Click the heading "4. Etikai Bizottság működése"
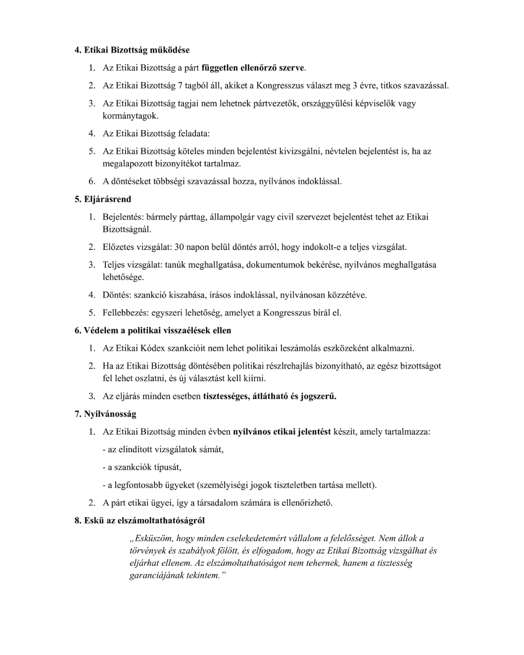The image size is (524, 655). (x=131, y=50)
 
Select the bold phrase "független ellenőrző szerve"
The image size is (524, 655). (x=253, y=68)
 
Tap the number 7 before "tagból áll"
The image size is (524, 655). (x=180, y=86)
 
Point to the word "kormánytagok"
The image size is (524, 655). (x=130, y=116)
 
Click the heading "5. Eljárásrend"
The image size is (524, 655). (x=102, y=199)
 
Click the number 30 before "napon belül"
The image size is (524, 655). (x=179, y=247)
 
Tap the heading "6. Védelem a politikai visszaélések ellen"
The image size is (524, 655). (x=153, y=330)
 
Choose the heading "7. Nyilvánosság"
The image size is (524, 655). (x=105, y=414)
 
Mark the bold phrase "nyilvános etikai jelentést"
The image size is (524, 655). (x=282, y=432)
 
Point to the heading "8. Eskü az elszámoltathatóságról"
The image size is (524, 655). (x=139, y=521)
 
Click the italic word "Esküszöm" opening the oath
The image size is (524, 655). (x=151, y=538)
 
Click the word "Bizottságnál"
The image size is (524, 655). (x=127, y=229)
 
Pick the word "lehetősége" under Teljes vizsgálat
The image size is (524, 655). (x=123, y=277)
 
